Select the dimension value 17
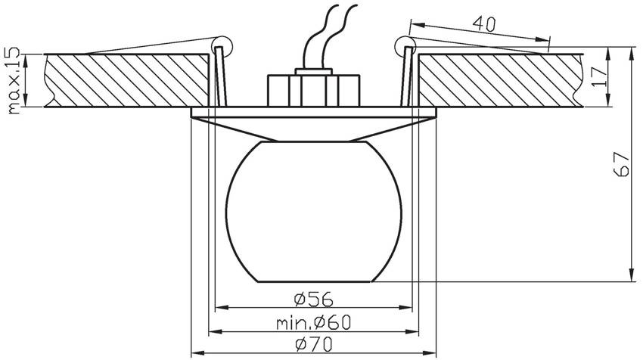pyautogui.click(x=600, y=76)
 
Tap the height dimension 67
pyautogui.click(x=623, y=164)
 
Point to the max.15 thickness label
pyautogui.click(x=14, y=80)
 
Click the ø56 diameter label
pyautogui.click(x=314, y=299)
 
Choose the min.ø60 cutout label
pyautogui.click(x=314, y=323)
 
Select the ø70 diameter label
pyautogui.click(x=314, y=345)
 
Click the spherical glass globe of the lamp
pyautogui.click(x=314, y=212)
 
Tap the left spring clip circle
pyautogui.click(x=222, y=45)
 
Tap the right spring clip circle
pyautogui.click(x=405, y=46)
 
